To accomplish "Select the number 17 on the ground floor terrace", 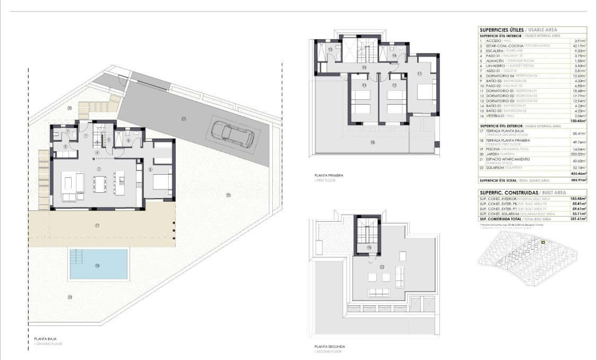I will tap(97, 226).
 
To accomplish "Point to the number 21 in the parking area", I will tap(184, 118).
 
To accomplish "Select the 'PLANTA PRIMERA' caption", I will tap(329, 175).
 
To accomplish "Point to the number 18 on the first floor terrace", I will tap(373, 142).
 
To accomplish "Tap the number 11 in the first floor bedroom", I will tap(419, 74).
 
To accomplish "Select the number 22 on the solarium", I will tap(382, 267).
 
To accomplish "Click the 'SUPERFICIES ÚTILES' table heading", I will tap(501, 30).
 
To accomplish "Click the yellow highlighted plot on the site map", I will tap(543, 243).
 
